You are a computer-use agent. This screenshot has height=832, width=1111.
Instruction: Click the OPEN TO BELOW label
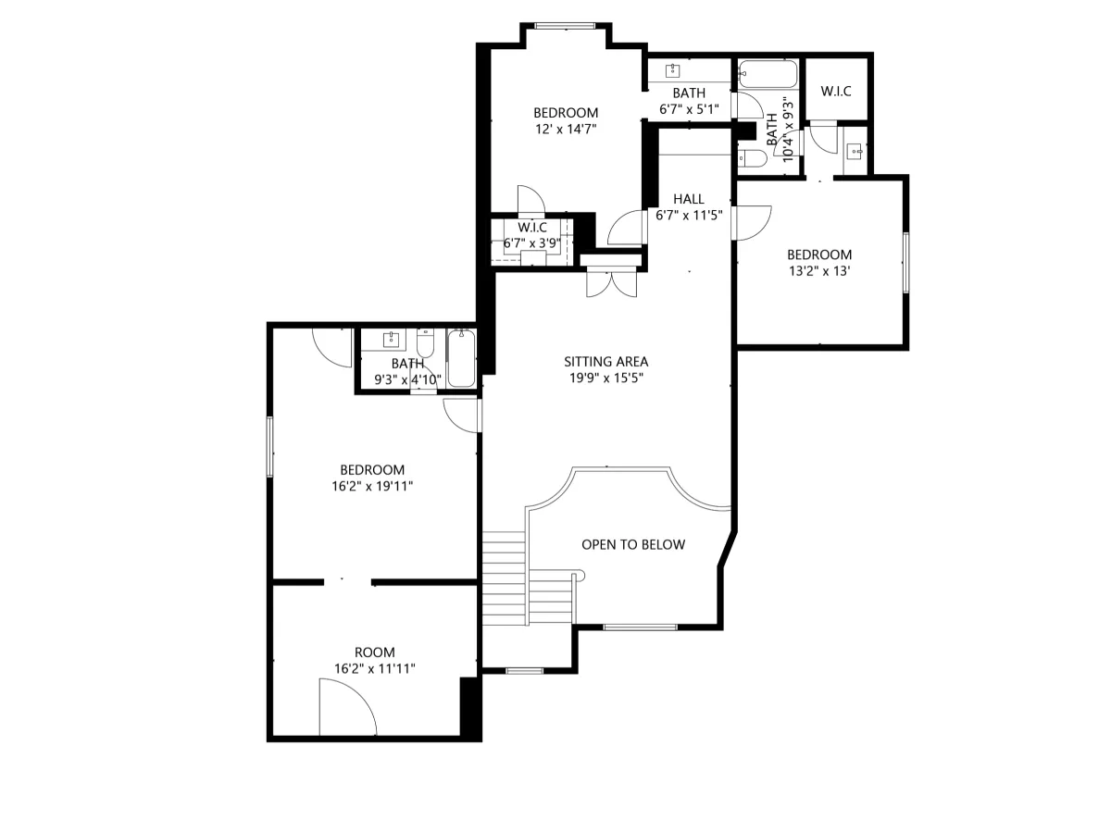point(632,545)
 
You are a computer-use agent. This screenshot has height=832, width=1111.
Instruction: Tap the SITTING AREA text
point(605,362)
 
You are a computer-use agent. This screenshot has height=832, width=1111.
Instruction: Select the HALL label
point(689,199)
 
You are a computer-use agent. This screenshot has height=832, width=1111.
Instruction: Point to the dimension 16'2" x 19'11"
point(372,486)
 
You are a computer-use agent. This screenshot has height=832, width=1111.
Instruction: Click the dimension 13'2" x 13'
point(819,271)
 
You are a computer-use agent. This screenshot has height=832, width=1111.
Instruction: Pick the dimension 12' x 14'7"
point(566,129)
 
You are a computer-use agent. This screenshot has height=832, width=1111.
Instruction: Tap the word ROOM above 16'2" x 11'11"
point(375,652)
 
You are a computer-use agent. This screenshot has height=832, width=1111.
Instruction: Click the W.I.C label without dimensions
point(836,91)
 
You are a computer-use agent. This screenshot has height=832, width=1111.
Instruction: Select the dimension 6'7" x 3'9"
point(532,243)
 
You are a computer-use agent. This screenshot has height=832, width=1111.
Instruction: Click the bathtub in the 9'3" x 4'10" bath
point(461,357)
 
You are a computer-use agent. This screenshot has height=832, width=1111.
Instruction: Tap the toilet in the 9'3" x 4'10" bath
point(425,342)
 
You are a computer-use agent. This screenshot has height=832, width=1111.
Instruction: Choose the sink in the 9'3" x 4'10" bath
point(392,340)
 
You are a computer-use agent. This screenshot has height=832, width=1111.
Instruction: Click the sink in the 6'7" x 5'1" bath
point(672,70)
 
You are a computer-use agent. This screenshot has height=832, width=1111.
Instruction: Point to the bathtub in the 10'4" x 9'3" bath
point(768,74)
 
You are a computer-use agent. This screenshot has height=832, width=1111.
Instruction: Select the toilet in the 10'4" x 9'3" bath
point(752,158)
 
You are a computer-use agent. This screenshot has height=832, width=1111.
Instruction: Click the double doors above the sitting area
point(611,284)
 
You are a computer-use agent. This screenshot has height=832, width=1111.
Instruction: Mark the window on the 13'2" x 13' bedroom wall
point(905,263)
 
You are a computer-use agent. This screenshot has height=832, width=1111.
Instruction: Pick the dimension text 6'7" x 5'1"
point(689,109)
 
